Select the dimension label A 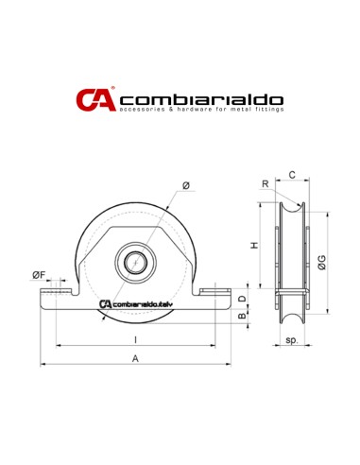135,358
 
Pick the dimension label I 135,338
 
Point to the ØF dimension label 39,275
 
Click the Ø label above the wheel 185,185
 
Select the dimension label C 292,175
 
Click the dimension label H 253,245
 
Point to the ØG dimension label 323,261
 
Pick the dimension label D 242,300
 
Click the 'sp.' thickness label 291,338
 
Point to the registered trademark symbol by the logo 112,89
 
